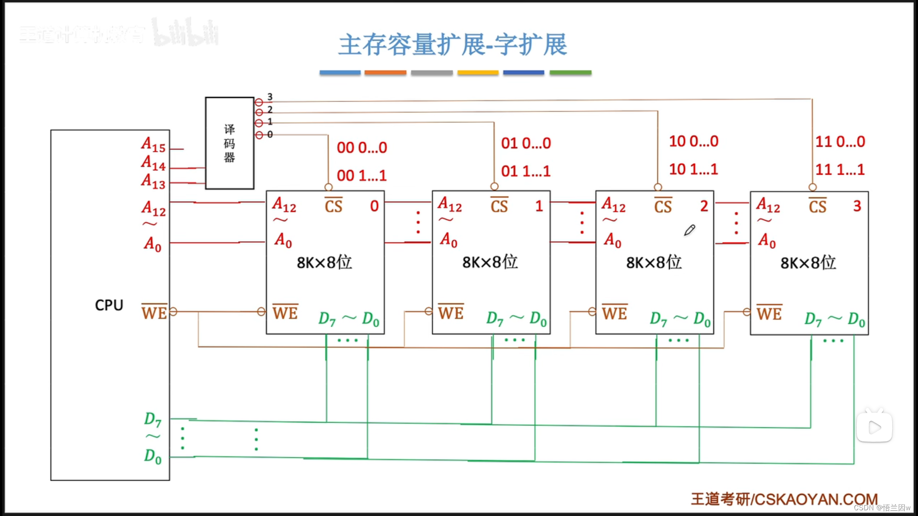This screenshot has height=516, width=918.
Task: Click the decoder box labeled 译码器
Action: tap(229, 143)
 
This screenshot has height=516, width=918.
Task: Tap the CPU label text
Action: tap(109, 305)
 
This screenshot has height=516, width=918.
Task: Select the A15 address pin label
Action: tap(153, 145)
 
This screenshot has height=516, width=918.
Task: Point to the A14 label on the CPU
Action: tap(153, 163)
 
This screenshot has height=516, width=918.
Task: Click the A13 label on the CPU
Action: tap(153, 182)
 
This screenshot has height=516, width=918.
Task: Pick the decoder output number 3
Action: tap(270, 97)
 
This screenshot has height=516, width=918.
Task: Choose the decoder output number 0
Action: tap(270, 134)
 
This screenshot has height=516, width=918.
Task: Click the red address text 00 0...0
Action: tap(362, 148)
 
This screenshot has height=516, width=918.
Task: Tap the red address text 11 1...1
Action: tap(840, 170)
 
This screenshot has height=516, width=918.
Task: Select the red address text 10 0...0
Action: tap(694, 141)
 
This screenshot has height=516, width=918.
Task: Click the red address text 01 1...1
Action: tap(526, 171)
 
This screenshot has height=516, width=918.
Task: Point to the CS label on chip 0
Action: tap(333, 206)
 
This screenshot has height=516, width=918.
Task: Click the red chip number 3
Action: tap(857, 206)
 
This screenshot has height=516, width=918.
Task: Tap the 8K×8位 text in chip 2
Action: tap(654, 262)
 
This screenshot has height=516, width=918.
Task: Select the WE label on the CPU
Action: tap(154, 312)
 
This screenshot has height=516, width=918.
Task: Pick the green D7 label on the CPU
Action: tap(153, 419)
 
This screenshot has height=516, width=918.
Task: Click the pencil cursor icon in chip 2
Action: tap(689, 230)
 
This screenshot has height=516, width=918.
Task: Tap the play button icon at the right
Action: tap(874, 427)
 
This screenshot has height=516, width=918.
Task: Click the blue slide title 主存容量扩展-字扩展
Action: tap(453, 45)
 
